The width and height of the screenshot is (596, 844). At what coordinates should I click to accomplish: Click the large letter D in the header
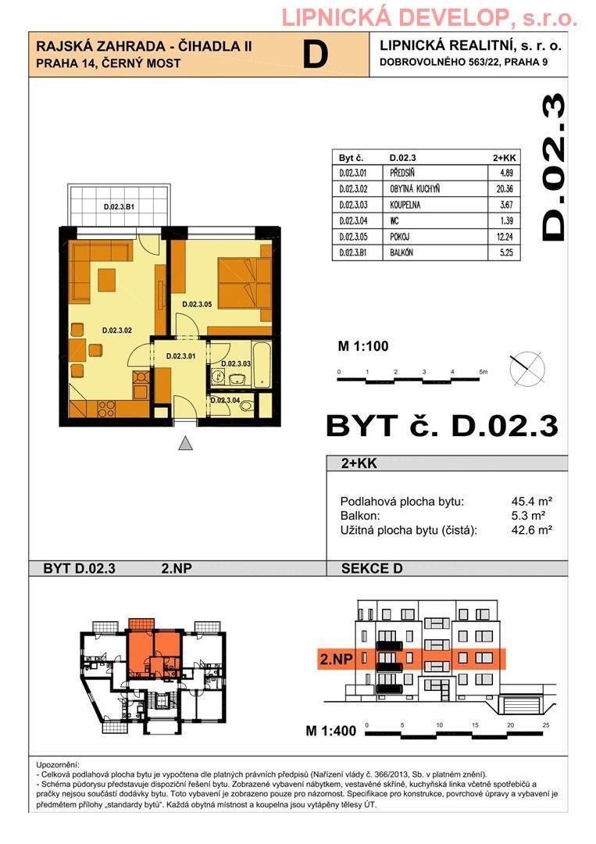tap(316, 55)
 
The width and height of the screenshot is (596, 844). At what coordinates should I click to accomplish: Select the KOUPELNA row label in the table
tap(405, 205)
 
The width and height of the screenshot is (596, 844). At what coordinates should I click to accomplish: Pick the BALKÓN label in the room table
tap(401, 252)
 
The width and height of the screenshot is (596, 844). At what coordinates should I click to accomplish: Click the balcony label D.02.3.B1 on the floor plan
tap(119, 206)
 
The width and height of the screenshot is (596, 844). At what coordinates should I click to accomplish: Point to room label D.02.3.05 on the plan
tap(197, 304)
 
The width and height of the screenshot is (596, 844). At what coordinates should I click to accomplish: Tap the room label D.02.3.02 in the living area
tap(117, 331)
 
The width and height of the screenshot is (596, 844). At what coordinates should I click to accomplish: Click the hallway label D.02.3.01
tap(180, 356)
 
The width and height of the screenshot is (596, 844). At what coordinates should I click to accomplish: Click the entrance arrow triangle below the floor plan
tap(186, 443)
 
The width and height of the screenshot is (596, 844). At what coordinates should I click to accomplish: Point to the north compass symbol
tap(526, 369)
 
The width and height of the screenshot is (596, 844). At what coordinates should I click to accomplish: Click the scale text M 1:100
tap(363, 346)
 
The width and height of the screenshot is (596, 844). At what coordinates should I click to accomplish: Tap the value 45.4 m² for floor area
tap(532, 502)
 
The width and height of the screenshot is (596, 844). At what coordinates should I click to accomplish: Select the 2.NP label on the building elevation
tap(336, 660)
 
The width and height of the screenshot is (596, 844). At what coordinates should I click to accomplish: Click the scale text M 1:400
tap(331, 731)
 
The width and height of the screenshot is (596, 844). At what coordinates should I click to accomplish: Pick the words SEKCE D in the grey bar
tap(372, 568)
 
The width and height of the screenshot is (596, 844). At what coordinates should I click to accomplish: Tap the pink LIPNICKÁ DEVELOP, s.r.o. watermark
tap(430, 19)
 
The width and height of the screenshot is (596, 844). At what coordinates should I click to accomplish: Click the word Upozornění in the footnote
tap(58, 765)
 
